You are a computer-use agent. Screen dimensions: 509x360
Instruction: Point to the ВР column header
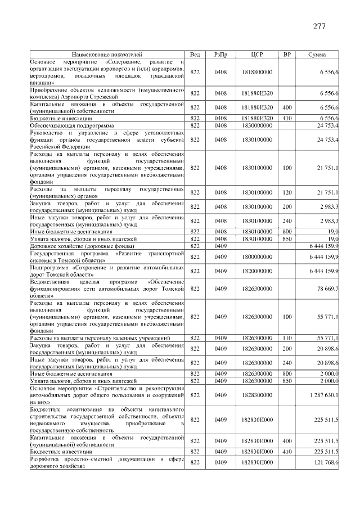point(287,54)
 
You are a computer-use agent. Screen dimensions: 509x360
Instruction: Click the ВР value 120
point(287,192)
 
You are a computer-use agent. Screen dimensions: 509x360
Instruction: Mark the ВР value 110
point(287,337)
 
